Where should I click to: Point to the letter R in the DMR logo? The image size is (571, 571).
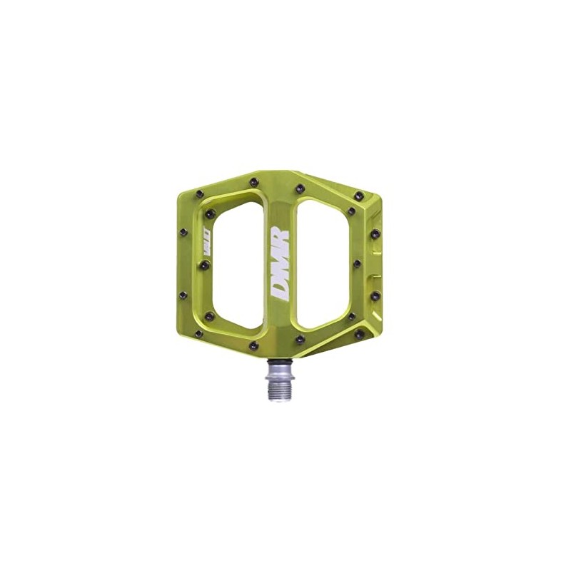[x=280, y=234]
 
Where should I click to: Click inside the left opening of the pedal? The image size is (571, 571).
[x=236, y=264]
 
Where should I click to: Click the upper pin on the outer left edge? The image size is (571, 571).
[x=183, y=232]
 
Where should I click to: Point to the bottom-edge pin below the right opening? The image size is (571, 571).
[x=300, y=339]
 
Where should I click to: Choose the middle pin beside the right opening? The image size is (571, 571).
[x=357, y=263]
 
